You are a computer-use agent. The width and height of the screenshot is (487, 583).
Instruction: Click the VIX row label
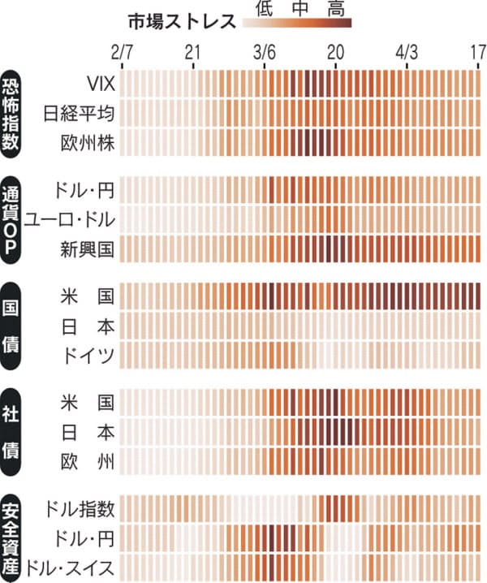click(101, 83)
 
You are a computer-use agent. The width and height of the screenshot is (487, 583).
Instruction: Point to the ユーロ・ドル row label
click(71, 218)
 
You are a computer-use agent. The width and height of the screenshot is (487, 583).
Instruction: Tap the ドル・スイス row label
click(71, 567)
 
